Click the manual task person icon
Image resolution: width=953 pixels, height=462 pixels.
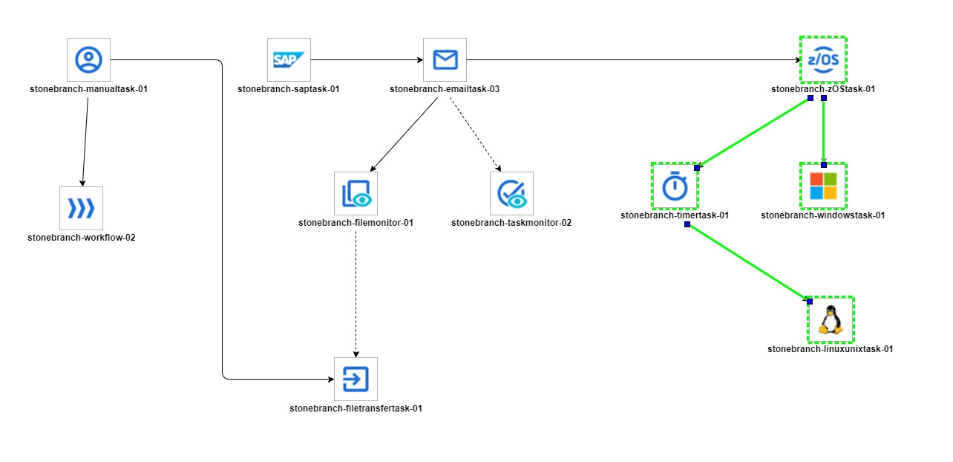[x=88, y=59]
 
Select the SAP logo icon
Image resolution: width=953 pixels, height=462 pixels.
[x=289, y=59]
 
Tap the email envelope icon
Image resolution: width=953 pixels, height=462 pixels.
[x=445, y=59]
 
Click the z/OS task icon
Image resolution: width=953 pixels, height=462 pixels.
[x=823, y=59]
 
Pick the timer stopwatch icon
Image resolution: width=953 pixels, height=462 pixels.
[x=675, y=186]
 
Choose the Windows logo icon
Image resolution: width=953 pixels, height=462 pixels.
[x=823, y=186]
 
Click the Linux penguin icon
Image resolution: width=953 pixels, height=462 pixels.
[x=831, y=319]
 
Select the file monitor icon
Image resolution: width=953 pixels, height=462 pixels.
[x=356, y=193]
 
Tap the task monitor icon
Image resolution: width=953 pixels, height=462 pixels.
[x=511, y=193]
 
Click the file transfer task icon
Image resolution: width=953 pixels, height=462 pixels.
[x=356, y=379]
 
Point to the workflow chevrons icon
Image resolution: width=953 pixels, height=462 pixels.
[x=81, y=208]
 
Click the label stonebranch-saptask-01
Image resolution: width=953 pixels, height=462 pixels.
[x=289, y=89]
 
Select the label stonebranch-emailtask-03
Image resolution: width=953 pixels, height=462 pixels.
[x=445, y=89]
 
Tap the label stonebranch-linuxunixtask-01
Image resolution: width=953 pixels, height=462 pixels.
[x=830, y=348]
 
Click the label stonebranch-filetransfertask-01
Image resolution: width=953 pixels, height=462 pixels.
[x=356, y=409]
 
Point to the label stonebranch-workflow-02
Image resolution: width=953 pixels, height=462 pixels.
[x=81, y=238]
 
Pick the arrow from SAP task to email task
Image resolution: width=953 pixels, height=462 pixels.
[x=367, y=59]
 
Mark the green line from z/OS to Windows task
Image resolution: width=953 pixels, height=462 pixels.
[x=824, y=130]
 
